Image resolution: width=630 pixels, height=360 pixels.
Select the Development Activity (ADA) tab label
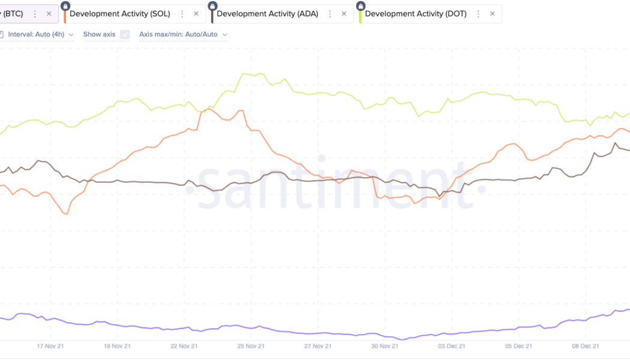click(268, 14)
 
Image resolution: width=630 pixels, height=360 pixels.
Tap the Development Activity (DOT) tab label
click(416, 14)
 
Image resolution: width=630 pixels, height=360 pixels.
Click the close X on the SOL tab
click(196, 14)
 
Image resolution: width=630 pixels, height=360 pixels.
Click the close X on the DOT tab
click(493, 14)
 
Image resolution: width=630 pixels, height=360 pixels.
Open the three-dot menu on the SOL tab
click(182, 14)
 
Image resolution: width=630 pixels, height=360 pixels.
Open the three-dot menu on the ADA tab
click(330, 14)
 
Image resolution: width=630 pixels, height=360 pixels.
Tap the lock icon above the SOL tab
click(65, 5)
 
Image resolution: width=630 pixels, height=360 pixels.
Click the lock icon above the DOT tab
click(360, 5)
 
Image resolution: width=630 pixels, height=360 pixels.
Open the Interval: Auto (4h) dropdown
click(41, 34)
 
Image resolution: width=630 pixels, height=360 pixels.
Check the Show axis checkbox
click(125, 34)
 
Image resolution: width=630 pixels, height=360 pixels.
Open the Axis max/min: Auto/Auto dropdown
click(183, 34)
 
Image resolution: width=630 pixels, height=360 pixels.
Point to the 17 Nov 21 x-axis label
click(50, 346)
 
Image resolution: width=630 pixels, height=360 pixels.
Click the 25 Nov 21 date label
click(251, 346)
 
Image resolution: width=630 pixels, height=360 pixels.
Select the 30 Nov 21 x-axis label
click(385, 346)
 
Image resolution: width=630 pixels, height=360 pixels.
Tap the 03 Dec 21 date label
click(452, 346)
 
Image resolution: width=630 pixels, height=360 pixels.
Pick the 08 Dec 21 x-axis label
click(586, 346)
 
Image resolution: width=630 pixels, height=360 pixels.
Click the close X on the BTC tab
click(49, 14)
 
